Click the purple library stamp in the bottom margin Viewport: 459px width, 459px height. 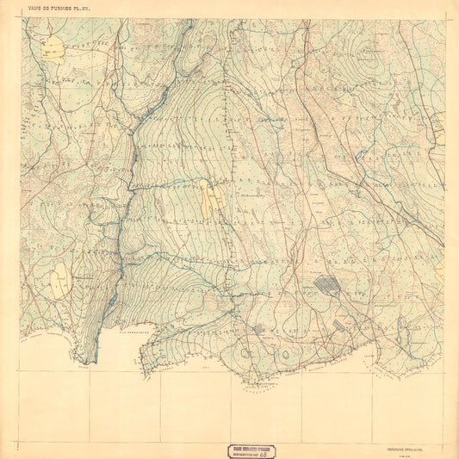258,450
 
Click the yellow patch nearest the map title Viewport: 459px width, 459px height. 53,47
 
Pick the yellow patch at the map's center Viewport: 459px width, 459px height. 208,196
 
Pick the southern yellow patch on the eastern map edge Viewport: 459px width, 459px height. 440,272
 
